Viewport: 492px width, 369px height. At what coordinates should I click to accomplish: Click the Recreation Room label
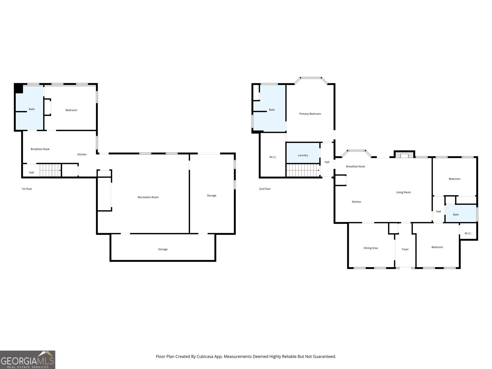point(148,197)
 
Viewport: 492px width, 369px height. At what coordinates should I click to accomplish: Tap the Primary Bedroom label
point(310,114)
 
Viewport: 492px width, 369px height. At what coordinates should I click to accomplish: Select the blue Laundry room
point(303,153)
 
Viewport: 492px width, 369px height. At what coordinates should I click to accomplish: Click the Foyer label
point(405,249)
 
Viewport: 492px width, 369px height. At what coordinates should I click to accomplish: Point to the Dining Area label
point(371,248)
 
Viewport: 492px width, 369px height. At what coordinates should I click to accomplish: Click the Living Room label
point(403,192)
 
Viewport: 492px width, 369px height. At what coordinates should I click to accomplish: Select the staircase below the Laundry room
point(303,170)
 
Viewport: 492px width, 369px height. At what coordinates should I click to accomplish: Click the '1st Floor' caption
point(27,189)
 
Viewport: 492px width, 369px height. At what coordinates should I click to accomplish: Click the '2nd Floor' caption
point(265,189)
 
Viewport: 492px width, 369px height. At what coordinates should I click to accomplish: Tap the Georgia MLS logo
point(28,360)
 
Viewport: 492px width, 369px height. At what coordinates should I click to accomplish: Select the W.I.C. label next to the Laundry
point(273,157)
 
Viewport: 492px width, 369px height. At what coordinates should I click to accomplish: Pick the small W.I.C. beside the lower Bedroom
point(468,233)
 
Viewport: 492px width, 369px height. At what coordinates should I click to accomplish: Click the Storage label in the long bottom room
point(163,249)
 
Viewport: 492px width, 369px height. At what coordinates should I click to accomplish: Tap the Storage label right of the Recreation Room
point(212,195)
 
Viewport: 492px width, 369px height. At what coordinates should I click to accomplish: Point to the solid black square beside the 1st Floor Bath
point(18,88)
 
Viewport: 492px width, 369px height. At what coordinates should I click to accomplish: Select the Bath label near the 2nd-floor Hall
point(456,214)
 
